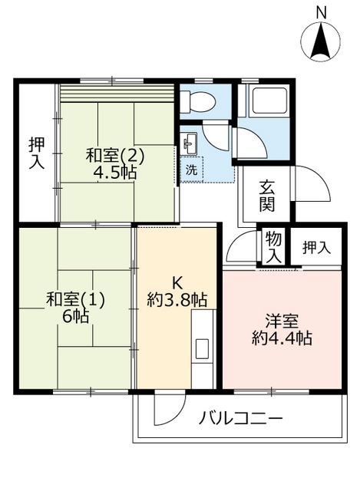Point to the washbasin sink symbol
(190, 143)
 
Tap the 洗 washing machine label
(190, 170)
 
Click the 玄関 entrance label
(267, 196)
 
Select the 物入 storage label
(273, 247)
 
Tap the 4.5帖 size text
(115, 173)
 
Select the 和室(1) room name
(75, 299)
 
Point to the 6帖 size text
(75, 317)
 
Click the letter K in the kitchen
(177, 281)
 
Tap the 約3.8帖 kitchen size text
(177, 298)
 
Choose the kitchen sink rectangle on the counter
(203, 347)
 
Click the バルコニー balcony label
(242, 419)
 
